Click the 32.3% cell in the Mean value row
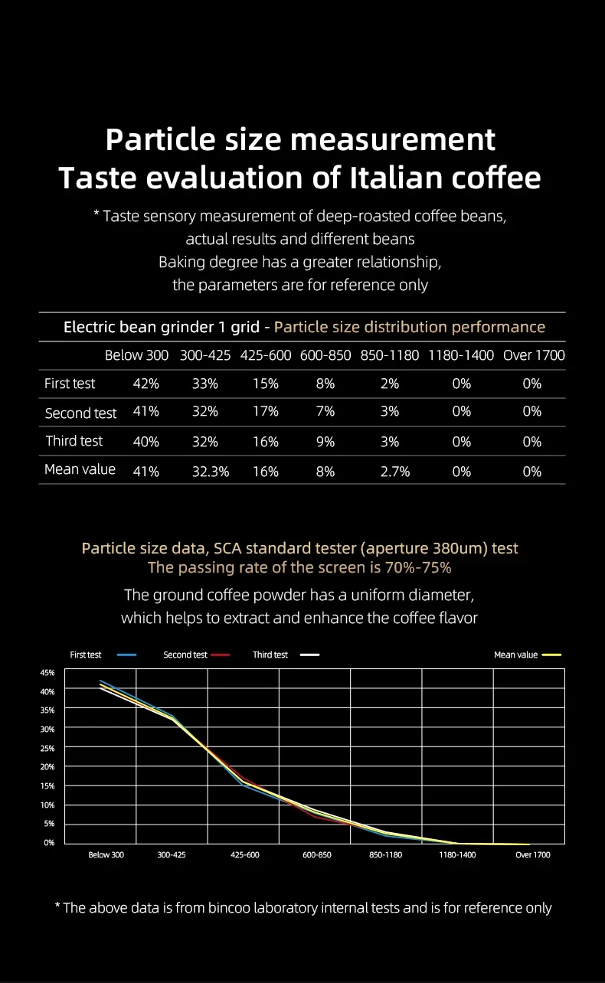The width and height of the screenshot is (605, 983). point(211,472)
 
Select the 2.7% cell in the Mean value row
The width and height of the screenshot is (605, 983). point(395,472)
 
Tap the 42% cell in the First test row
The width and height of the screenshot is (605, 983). point(146,384)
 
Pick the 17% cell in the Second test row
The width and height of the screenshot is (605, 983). point(266,412)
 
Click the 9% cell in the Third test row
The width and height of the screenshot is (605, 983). point(325,442)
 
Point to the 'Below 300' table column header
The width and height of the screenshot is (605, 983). point(136,355)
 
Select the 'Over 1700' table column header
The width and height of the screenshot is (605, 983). point(534,355)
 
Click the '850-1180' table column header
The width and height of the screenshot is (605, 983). point(390,355)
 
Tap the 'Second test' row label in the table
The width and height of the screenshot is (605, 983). point(80,413)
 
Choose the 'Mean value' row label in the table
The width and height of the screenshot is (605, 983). point(80,469)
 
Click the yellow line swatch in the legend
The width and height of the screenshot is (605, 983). point(552,655)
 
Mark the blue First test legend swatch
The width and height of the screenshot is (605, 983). point(127,655)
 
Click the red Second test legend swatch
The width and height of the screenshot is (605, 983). point(221,655)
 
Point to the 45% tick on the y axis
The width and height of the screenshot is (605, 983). point(47,673)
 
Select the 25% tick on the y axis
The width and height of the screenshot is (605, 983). point(47,748)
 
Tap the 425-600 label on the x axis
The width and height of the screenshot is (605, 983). point(245,855)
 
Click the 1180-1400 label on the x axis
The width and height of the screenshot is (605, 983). point(457,855)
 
